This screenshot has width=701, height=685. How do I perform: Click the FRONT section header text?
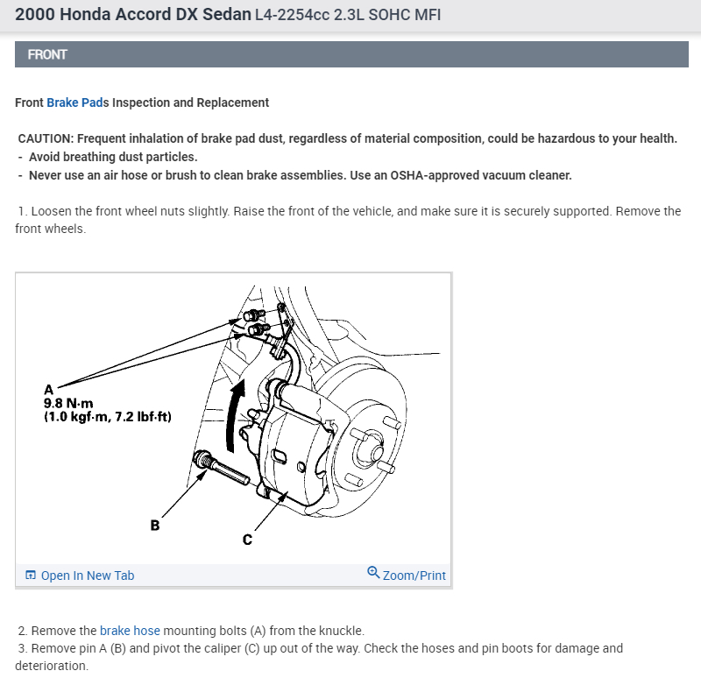click(x=47, y=54)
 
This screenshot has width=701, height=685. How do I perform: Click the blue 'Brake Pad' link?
click(x=74, y=102)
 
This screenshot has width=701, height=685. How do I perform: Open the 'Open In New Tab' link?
click(x=87, y=576)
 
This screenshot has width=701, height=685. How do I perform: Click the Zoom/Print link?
click(x=414, y=576)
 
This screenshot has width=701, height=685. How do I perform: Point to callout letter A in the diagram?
click(x=49, y=390)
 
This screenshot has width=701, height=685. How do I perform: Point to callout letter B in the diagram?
click(x=155, y=526)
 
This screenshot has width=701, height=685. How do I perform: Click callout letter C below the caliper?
click(x=247, y=540)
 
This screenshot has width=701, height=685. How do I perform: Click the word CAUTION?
click(x=43, y=139)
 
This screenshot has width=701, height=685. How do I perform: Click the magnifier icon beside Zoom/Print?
click(x=373, y=574)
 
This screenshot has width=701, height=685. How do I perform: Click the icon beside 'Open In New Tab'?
click(x=31, y=576)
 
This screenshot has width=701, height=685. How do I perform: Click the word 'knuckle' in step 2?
click(x=339, y=631)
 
